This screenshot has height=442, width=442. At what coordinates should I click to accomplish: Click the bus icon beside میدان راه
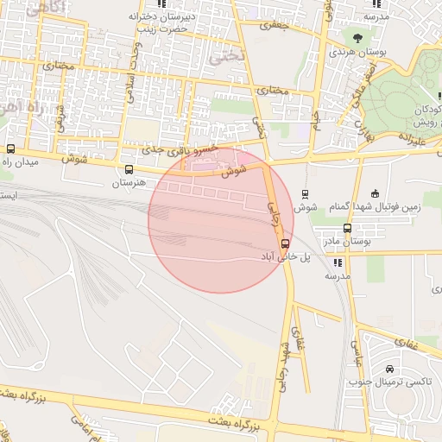tap(10, 148)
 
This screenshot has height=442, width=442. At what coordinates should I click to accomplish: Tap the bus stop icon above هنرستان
tap(129, 170)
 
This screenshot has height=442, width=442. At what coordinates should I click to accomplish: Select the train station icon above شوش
tap(304, 194)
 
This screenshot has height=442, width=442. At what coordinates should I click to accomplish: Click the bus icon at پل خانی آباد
tap(286, 243)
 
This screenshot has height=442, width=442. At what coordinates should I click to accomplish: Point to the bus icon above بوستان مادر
tap(347, 229)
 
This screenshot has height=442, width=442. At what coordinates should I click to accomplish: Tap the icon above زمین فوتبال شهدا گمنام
tap(374, 193)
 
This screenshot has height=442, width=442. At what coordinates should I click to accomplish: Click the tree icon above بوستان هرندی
tap(357, 37)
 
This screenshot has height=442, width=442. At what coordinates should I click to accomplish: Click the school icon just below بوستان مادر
tap(337, 262)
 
